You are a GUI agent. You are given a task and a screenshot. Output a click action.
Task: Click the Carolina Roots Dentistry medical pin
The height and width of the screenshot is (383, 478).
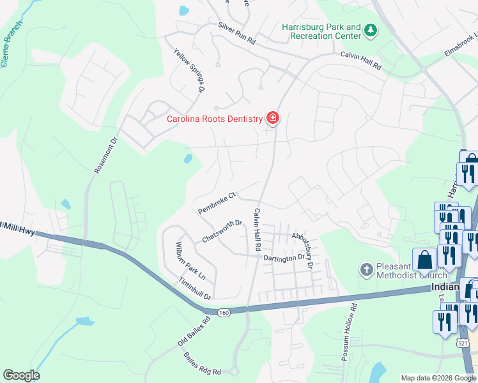coord(273,118)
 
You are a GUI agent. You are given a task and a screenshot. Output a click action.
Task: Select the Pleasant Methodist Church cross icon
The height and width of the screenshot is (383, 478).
coord(366,269)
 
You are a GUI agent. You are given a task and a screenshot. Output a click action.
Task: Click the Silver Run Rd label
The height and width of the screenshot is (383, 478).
coord(236,34)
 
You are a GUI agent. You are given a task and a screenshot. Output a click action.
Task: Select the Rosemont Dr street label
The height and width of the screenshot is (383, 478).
coord(107,154)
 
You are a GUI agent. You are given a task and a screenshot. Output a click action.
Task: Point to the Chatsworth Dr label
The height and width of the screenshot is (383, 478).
coord(222,231)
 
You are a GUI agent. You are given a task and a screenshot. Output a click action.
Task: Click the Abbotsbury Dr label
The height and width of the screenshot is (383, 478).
coord(303,249)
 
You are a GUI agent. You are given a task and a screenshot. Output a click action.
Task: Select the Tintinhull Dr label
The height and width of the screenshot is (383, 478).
coord(194,288)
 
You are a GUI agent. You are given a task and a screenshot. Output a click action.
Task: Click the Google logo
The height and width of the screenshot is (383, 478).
coord(21,375)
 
